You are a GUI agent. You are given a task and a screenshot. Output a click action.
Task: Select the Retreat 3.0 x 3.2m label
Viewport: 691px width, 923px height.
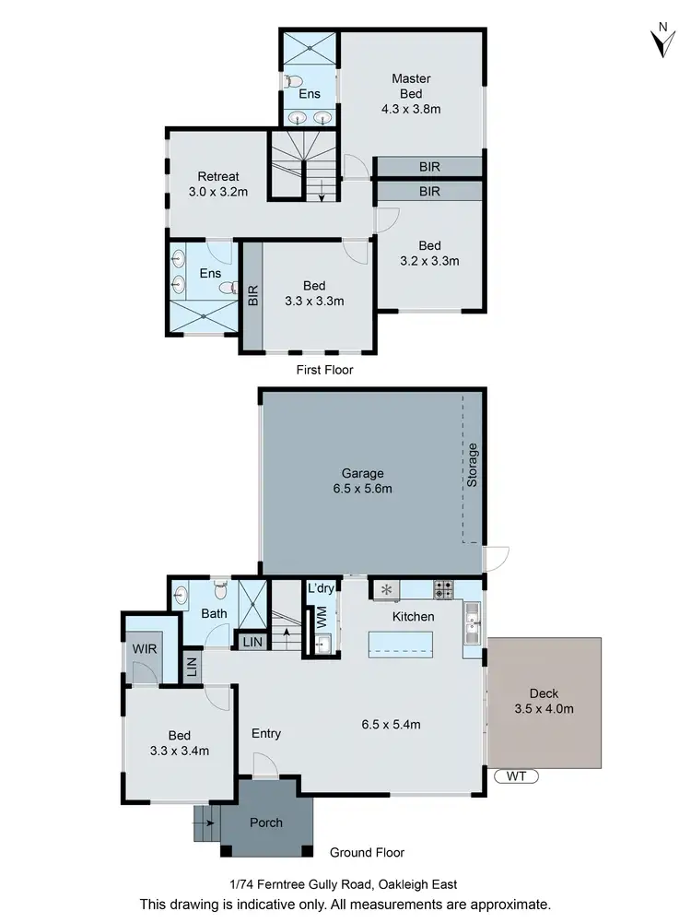point(218,184)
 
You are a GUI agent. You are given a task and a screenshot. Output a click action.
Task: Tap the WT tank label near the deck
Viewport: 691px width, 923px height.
point(515,777)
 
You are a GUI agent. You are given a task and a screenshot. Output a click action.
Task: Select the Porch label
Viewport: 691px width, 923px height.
point(266,822)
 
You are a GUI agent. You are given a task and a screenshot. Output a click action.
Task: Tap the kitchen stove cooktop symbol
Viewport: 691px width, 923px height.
point(443,589)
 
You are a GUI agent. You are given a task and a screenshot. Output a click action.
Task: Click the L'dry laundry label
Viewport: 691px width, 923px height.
point(321,588)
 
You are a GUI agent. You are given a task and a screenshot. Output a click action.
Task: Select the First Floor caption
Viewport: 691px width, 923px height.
point(324,370)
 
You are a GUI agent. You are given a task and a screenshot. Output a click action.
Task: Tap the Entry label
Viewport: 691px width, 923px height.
point(266,734)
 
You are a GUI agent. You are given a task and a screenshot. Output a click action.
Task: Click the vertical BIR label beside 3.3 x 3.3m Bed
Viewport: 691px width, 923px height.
point(252,295)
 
